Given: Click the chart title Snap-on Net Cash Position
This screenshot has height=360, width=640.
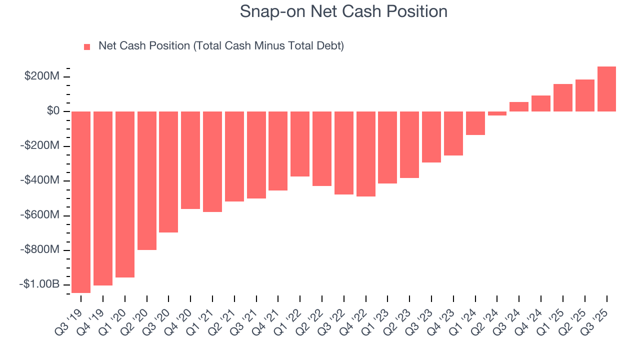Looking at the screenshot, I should [343, 11].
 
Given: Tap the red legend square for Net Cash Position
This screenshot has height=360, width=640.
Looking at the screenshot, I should [87, 46].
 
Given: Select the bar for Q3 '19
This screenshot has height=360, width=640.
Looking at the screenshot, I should [81, 202].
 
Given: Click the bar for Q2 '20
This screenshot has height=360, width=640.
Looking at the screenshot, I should [146, 180].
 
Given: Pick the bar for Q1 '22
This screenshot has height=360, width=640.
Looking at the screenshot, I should [300, 144].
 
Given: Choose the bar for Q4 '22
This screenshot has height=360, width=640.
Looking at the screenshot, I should [365, 154].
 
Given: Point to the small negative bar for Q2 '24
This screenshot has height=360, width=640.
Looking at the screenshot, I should [497, 113].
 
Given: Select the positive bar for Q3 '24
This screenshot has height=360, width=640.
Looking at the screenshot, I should [519, 106].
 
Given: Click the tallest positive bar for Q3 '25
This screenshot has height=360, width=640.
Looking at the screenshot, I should [606, 89].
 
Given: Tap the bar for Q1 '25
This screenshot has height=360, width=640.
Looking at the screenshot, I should [562, 97].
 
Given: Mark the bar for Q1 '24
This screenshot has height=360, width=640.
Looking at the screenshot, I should [475, 123].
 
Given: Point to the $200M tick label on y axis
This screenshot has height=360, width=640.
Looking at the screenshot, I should [41, 76].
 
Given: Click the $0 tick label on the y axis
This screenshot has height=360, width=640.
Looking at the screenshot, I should [53, 111].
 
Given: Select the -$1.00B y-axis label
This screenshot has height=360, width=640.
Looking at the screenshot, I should [39, 284].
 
